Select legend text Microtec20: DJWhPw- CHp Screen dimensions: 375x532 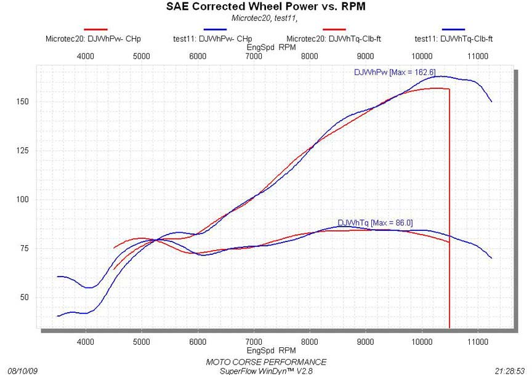93,38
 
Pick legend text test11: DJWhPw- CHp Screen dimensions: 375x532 213,38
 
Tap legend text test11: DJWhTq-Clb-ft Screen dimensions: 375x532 453,38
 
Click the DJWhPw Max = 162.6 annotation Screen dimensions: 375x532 395,73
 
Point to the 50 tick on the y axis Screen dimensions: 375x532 25,297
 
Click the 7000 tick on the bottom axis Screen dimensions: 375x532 254,340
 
